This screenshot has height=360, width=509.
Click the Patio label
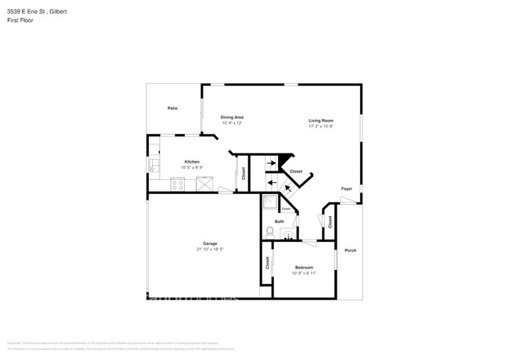click(172, 108)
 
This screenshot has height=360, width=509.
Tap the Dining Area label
click(232, 117)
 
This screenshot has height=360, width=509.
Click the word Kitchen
click(192, 161)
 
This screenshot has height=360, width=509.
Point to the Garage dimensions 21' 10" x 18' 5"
click(210, 250)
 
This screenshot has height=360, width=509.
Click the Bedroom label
click(304, 267)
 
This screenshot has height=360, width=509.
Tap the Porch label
click(350, 250)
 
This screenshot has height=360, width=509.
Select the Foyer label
click(346, 189)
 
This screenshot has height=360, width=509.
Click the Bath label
click(279, 221)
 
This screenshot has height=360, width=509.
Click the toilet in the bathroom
click(270, 232)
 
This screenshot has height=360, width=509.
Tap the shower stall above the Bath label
click(269, 203)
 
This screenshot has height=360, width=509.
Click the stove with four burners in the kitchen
click(178, 185)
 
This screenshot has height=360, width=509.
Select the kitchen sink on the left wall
click(154, 164)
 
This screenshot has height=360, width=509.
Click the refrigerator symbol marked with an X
click(206, 184)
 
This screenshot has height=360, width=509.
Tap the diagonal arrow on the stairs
click(287, 187)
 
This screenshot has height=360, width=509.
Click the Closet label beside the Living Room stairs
click(296, 171)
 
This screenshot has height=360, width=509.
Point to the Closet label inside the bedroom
click(267, 263)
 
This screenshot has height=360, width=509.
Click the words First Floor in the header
click(20, 20)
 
